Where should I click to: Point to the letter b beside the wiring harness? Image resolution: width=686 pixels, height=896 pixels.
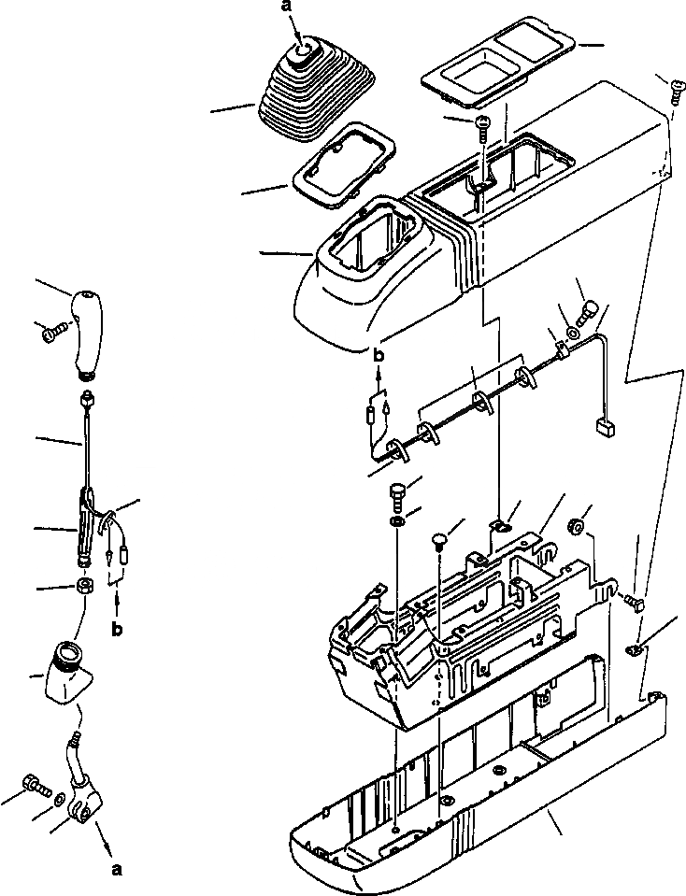pyautogui.click(x=378, y=356)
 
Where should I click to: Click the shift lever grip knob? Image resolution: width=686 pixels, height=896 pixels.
pyautogui.click(x=88, y=333)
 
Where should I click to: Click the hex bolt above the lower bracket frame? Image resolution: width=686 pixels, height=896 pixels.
pyautogui.click(x=396, y=492)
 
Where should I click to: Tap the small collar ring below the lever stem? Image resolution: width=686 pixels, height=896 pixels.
pyautogui.click(x=84, y=588)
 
